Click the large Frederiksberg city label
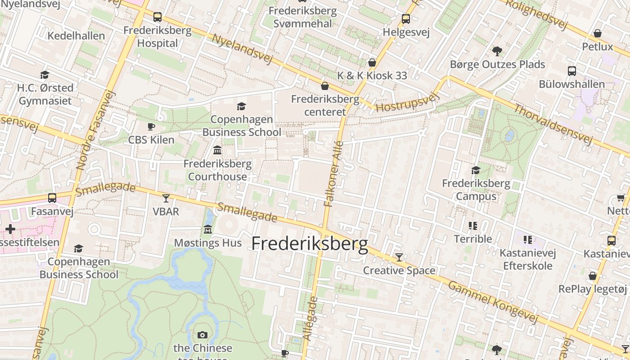(310, 244)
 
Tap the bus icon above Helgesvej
(406, 19)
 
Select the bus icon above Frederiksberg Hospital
(157, 17)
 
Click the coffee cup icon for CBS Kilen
(151, 127)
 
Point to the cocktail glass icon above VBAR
(166, 198)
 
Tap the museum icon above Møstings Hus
(208, 229)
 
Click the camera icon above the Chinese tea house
(202, 335)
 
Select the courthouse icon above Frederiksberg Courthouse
(217, 150)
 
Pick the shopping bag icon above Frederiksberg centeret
(325, 86)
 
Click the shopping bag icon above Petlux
(598, 33)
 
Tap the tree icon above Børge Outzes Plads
(497, 51)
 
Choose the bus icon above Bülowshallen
(572, 71)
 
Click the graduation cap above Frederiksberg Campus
(476, 170)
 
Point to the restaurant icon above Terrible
(472, 225)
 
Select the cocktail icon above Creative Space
(399, 257)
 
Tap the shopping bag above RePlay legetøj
(593, 276)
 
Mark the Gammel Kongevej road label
(493, 302)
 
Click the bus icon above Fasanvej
(52, 198)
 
